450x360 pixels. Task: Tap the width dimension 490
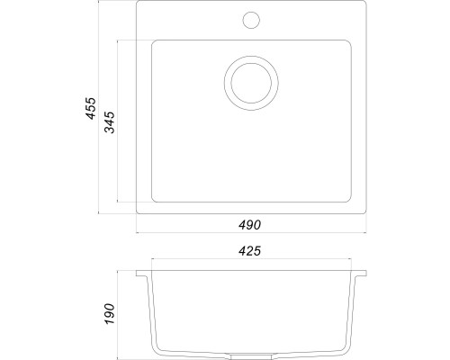pos(252,225)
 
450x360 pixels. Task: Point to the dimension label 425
pos(252,251)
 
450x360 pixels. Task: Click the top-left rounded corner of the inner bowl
pos(152,41)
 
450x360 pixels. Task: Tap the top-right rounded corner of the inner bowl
pos(352,41)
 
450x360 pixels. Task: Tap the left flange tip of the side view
pos(138,271)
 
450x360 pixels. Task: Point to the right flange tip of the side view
pos(367,271)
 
